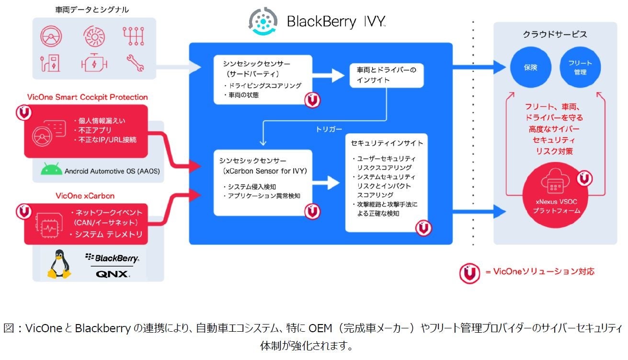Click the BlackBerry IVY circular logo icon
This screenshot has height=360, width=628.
(x=263, y=21)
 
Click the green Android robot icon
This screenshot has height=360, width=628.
(x=52, y=170)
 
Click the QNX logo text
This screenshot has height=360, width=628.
(x=112, y=274)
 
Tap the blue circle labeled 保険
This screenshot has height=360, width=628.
(x=530, y=68)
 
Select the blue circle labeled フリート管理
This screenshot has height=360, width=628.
(x=580, y=68)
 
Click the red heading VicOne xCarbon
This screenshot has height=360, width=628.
(x=85, y=196)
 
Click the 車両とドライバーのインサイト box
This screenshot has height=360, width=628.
(x=387, y=75)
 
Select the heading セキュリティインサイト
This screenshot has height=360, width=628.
(x=387, y=143)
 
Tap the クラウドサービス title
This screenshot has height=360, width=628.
(x=555, y=35)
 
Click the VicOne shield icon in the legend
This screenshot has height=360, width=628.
(x=469, y=273)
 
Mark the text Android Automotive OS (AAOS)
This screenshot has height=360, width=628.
(x=112, y=171)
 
